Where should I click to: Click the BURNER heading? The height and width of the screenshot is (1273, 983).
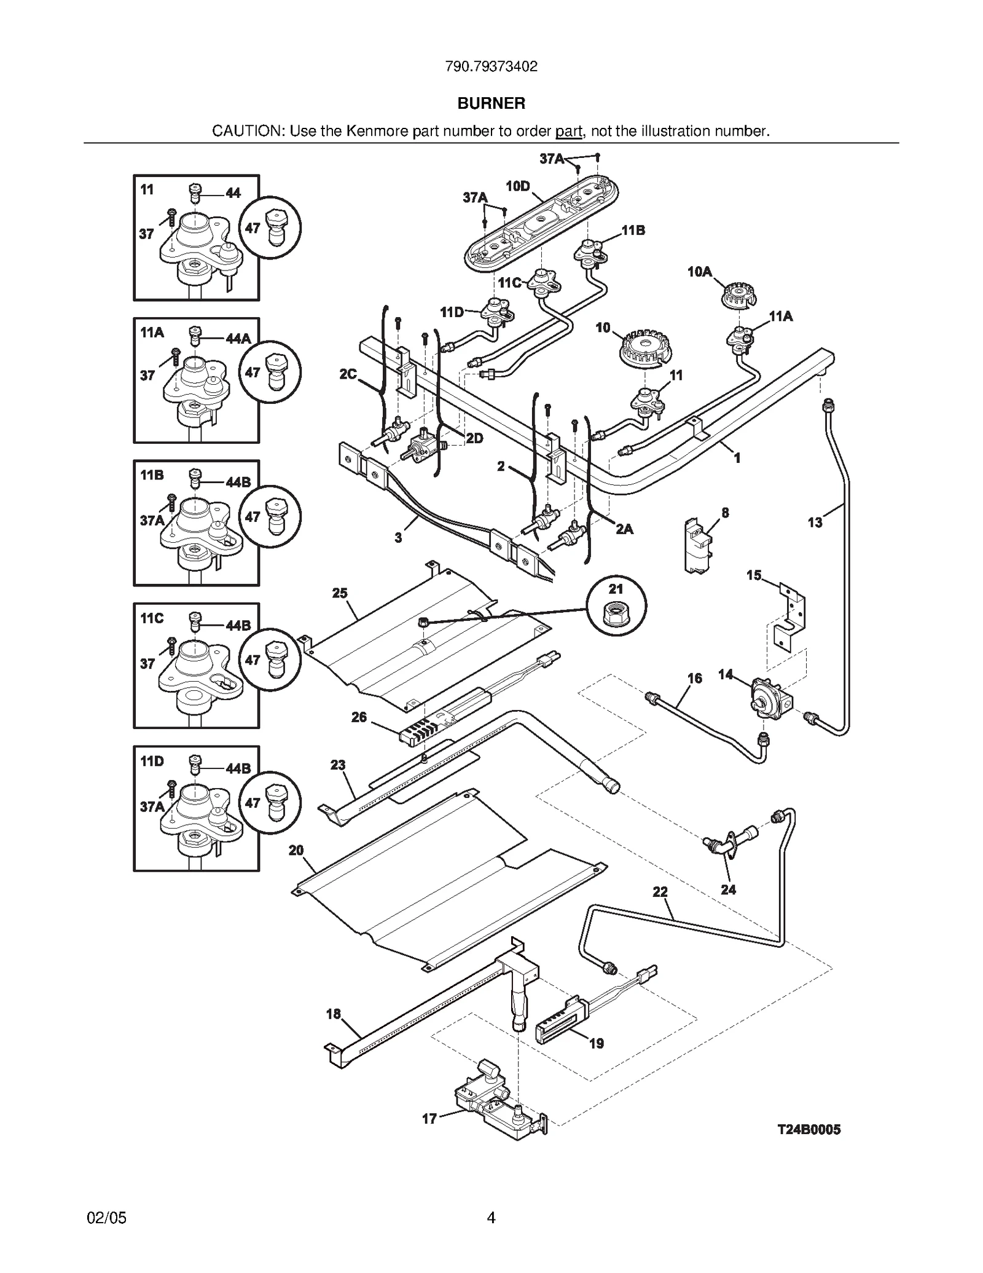click(491, 103)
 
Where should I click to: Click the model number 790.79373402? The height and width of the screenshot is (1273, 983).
click(491, 66)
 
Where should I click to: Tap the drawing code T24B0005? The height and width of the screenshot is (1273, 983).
click(809, 1129)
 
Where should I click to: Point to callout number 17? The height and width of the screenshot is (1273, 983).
click(429, 1119)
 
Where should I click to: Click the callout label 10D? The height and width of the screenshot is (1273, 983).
click(518, 186)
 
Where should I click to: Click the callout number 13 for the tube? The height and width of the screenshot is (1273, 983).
click(815, 522)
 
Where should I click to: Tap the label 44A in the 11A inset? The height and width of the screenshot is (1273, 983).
click(238, 338)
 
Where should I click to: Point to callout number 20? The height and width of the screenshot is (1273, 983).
click(296, 850)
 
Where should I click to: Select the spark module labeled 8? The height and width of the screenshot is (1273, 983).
click(698, 545)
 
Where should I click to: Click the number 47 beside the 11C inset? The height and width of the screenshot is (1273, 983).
click(253, 660)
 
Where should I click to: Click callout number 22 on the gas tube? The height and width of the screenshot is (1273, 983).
click(660, 892)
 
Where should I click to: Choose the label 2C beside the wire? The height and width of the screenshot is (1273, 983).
click(348, 374)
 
